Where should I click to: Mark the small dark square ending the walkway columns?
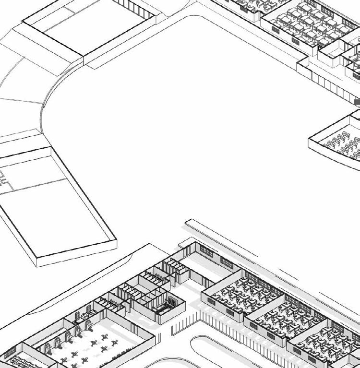(x=357, y=102)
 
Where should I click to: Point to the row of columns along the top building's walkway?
(x=331, y=86)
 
